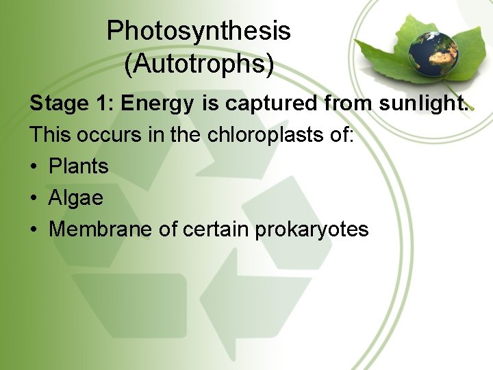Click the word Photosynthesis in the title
199,32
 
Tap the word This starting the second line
50,134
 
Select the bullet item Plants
79,166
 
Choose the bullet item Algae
76,199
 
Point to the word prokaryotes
312,230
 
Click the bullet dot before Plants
34,166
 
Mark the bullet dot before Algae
34,199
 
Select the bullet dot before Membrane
34,230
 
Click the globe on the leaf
433,49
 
